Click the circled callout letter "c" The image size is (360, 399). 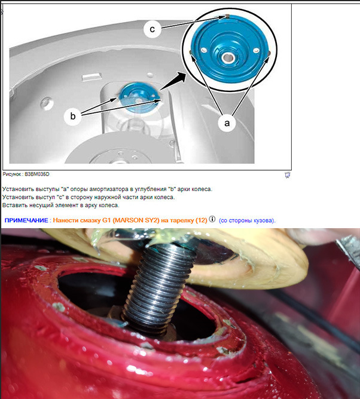click(x=152, y=29)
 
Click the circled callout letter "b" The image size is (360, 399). click(x=72, y=116)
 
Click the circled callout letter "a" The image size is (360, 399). click(x=227, y=123)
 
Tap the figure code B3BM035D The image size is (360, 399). click(x=37, y=174)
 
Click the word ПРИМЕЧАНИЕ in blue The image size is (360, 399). click(x=26, y=220)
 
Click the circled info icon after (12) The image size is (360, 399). click(x=212, y=219)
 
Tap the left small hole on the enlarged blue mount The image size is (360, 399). click(x=203, y=50)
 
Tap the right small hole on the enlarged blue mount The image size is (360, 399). click(x=256, y=51)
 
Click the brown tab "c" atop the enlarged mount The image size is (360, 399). click(x=227, y=17)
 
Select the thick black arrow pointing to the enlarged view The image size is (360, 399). click(x=174, y=81)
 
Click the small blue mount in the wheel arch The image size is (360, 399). click(x=139, y=97)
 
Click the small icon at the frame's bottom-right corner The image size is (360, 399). click(x=287, y=175)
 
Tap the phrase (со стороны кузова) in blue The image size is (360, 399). click(x=246, y=220)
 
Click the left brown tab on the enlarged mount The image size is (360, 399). click(x=190, y=52)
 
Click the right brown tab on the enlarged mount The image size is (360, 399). click(x=269, y=53)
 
